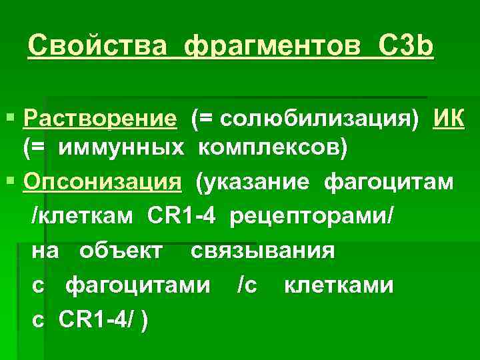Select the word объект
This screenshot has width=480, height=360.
click(119, 251)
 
